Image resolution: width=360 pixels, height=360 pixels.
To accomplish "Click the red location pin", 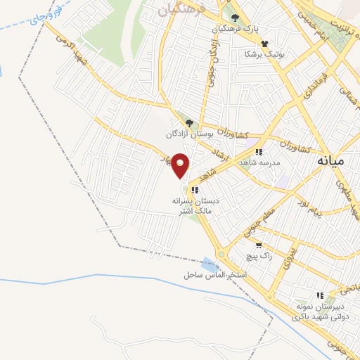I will (181, 166).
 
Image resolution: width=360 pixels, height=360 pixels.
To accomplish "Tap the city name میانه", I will (328, 160).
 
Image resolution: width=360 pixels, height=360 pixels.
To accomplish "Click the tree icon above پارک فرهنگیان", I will (235, 18).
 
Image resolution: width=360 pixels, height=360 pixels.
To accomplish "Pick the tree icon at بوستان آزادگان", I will (187, 124).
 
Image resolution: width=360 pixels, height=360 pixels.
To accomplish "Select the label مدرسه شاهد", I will (259, 162).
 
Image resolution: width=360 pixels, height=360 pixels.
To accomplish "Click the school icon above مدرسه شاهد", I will (259, 151).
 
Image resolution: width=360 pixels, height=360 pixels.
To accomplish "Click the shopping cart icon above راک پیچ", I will (259, 246).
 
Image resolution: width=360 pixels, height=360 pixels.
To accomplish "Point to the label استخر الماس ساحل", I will (214, 274).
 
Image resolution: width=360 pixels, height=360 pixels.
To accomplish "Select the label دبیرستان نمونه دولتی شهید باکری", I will (321, 312).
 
